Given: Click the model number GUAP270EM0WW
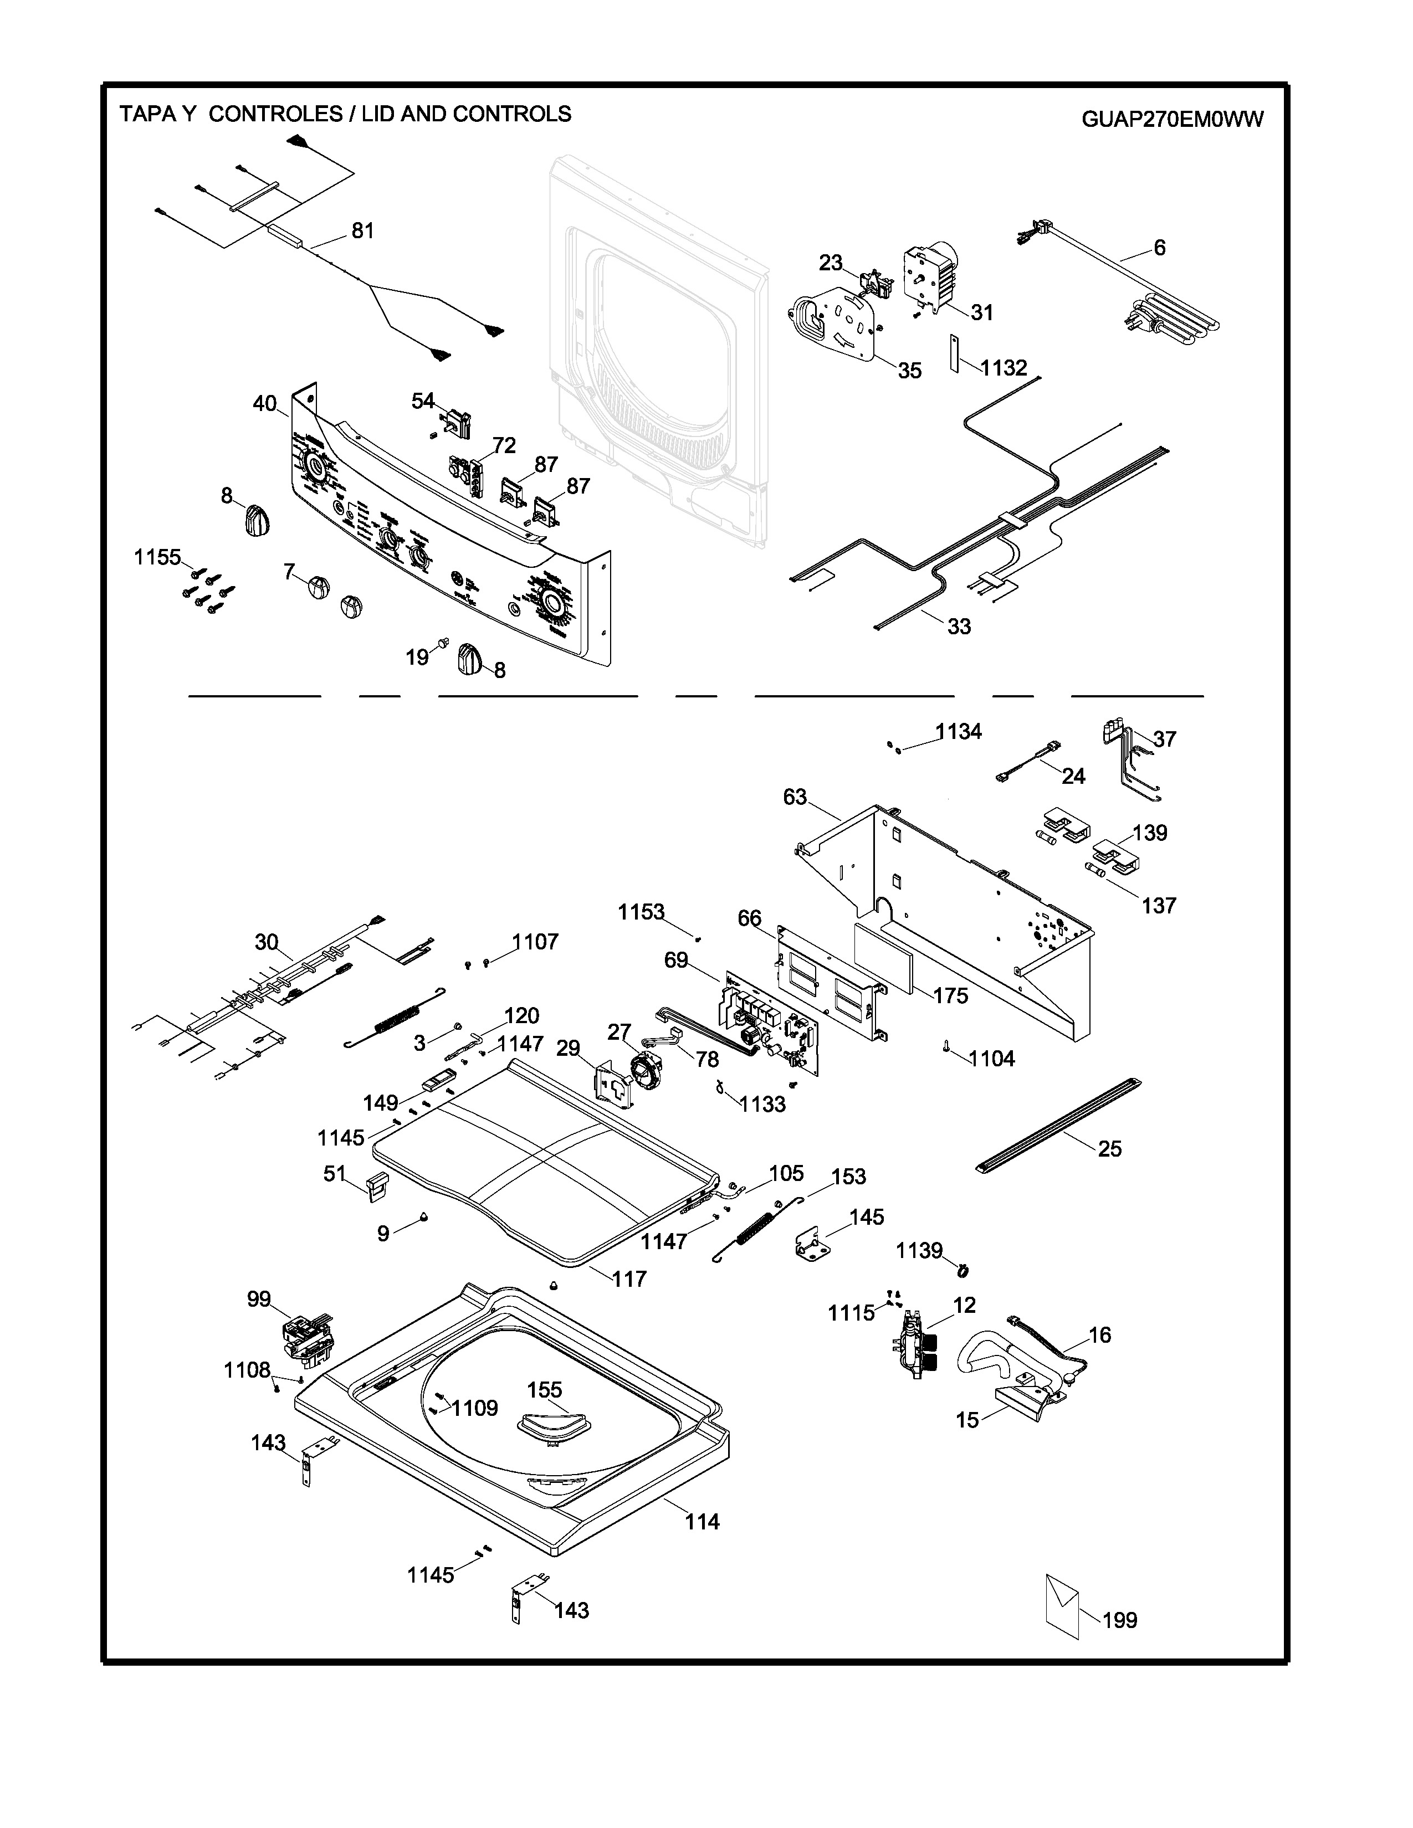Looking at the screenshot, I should (x=1172, y=120).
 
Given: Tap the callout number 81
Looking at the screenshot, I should (x=362, y=230).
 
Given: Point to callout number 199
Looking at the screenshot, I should (x=1120, y=1620).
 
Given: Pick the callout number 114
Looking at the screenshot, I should (x=702, y=1522).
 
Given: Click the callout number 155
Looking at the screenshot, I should (x=544, y=1389).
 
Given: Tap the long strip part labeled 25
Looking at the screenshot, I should (x=1059, y=1126).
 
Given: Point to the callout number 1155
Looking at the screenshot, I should (x=157, y=557).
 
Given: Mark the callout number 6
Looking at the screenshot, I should (x=1159, y=248).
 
